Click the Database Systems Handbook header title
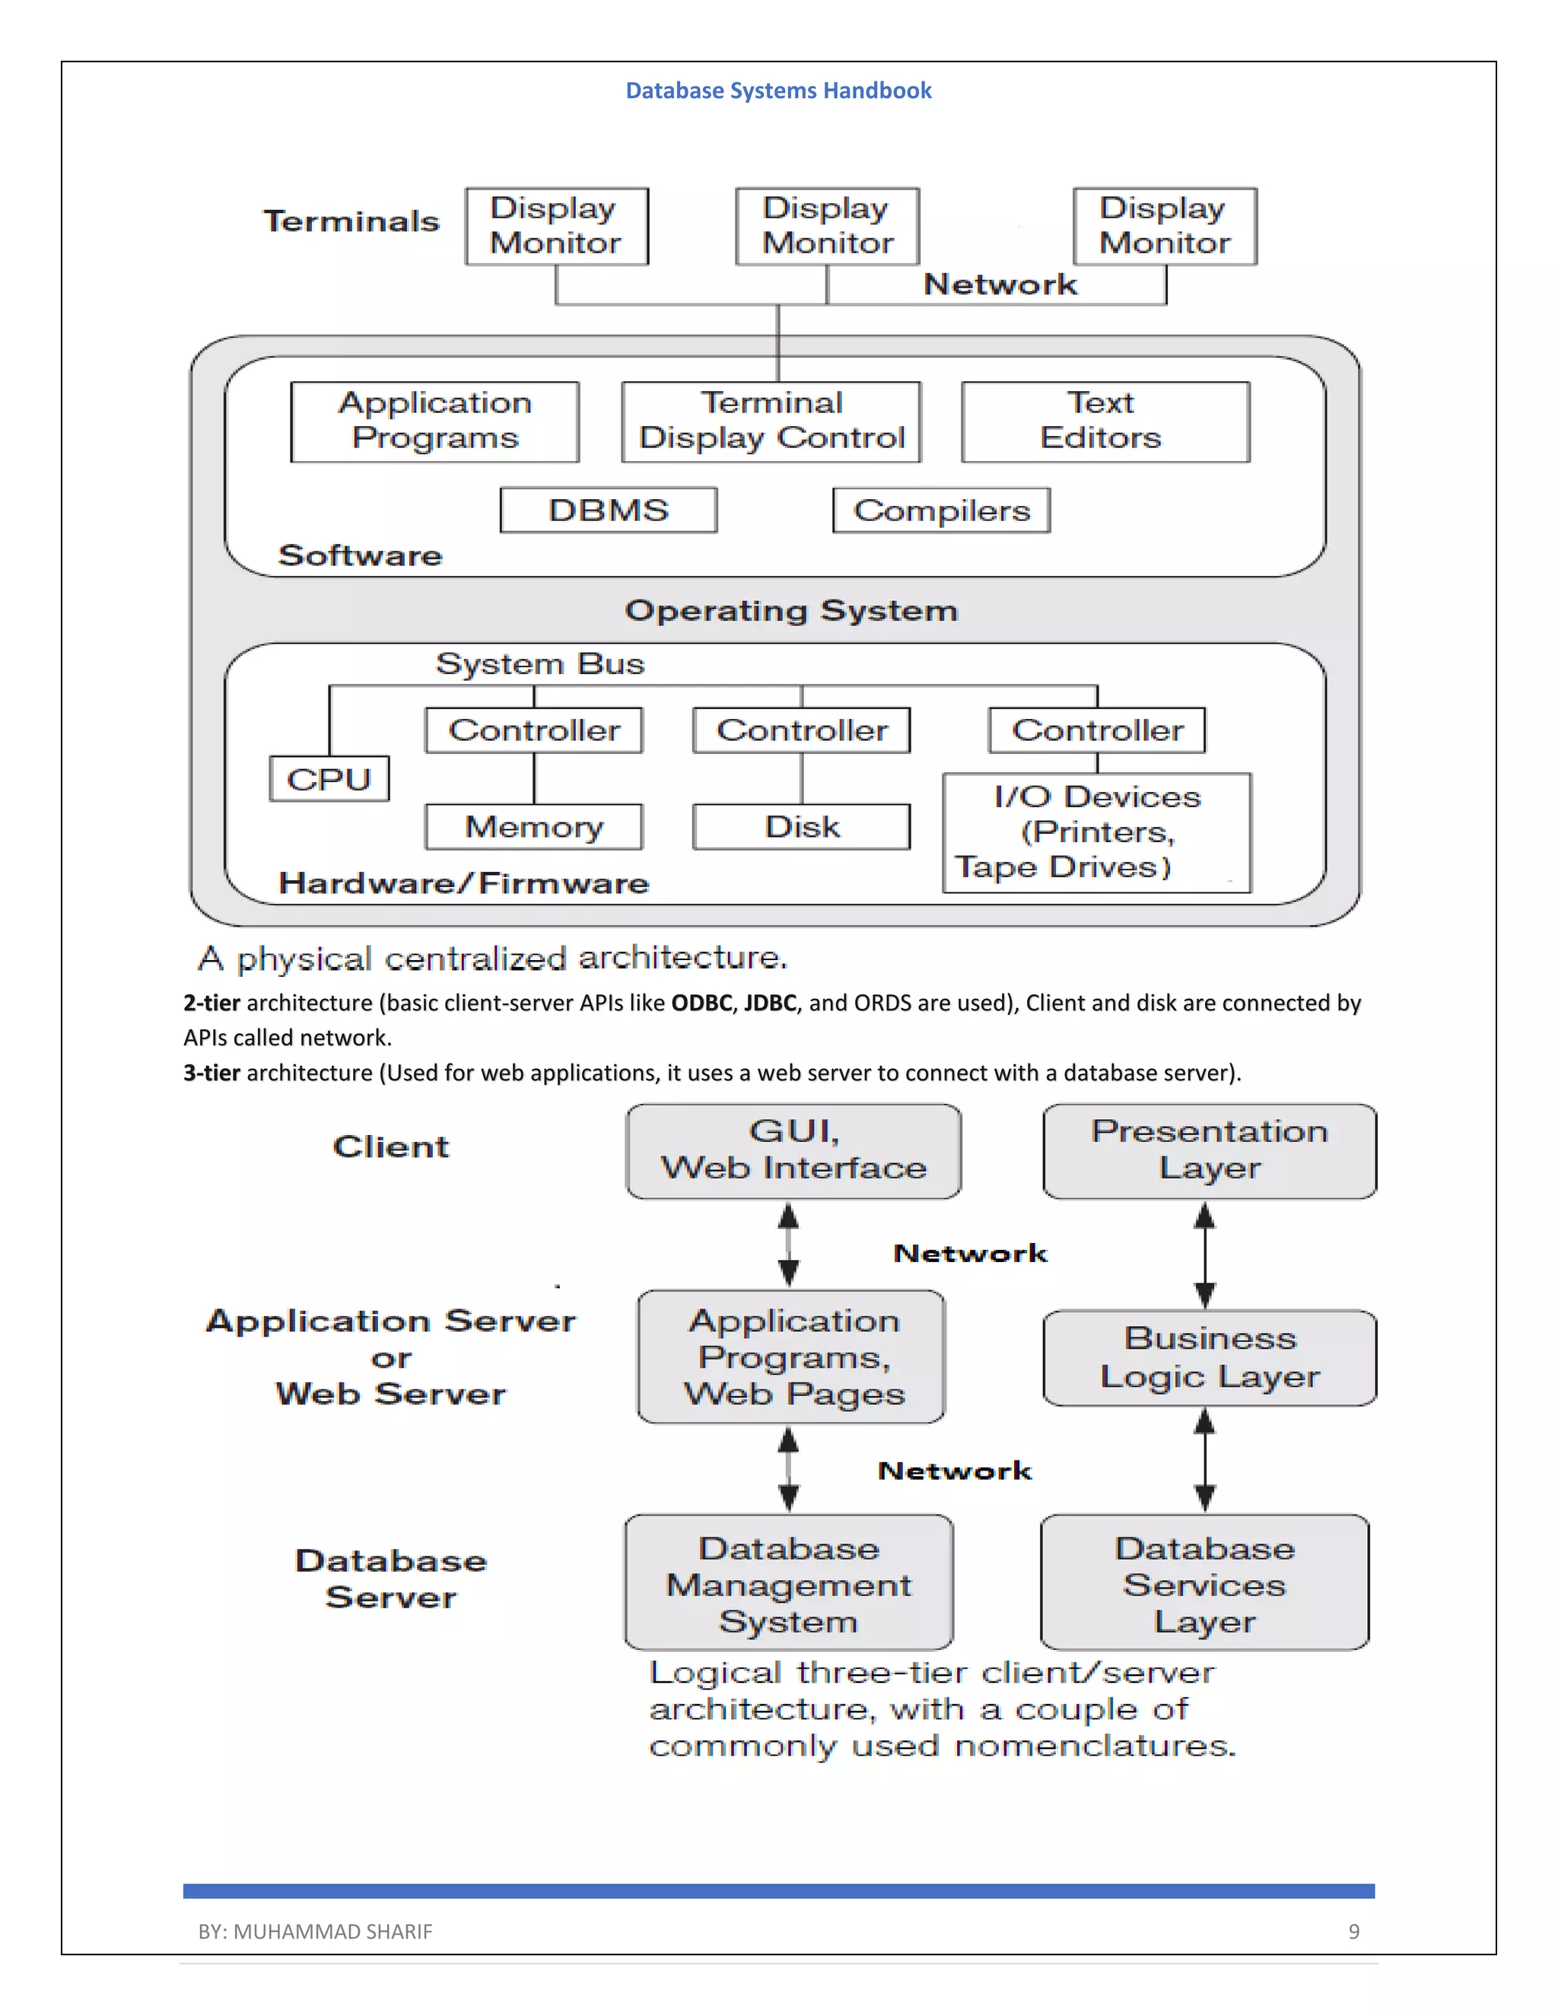[x=778, y=91]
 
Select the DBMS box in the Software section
[x=609, y=510]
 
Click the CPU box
[x=329, y=779]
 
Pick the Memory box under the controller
[x=533, y=826]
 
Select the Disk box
[x=801, y=826]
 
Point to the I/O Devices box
[x=1095, y=832]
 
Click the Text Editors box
[x=1105, y=421]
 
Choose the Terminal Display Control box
[x=771, y=421]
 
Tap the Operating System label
[x=791, y=610]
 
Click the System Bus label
[x=540, y=663]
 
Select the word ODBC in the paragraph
[x=701, y=1003]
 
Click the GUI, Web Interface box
[x=793, y=1150]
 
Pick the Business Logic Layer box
[x=1209, y=1357]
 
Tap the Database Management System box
[x=788, y=1584]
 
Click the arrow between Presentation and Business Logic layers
[x=1204, y=1254]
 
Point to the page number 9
[x=1353, y=1931]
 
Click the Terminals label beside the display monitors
[x=351, y=221]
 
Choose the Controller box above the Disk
[x=801, y=730]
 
